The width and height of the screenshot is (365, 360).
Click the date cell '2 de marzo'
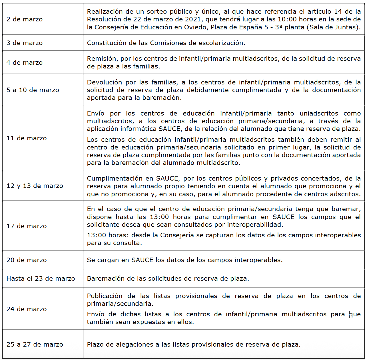click(x=25, y=19)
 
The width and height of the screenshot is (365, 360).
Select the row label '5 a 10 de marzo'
click(x=33, y=90)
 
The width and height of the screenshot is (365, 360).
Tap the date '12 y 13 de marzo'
click(x=35, y=186)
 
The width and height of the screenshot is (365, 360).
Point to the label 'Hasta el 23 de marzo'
click(x=41, y=279)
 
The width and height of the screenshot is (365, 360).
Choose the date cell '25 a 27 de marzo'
click(x=35, y=345)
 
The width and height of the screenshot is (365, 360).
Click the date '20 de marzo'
click(x=27, y=260)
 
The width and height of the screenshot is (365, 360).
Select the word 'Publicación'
click(x=105, y=296)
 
